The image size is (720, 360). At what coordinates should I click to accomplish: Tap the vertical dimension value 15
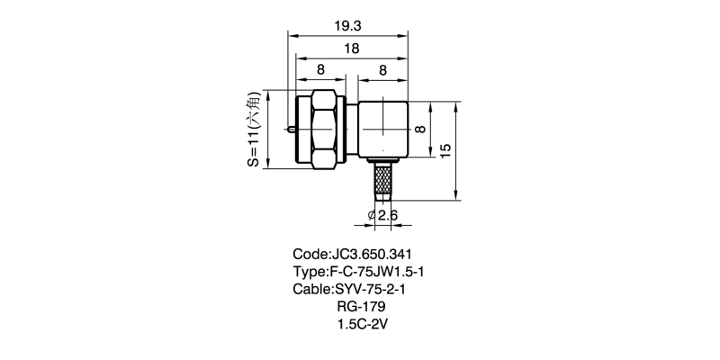(x=445, y=149)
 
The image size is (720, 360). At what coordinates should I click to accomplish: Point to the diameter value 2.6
(x=389, y=215)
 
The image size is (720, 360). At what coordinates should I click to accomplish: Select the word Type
(x=310, y=273)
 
